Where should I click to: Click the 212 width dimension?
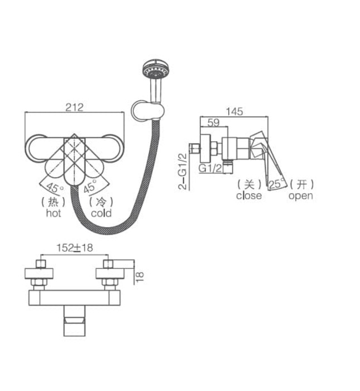pyautogui.click(x=74, y=107)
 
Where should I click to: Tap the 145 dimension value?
pyautogui.click(x=235, y=111)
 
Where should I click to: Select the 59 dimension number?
pyautogui.click(x=213, y=122)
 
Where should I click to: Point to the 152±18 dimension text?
pyautogui.click(x=74, y=248)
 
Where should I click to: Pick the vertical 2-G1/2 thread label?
pyautogui.click(x=183, y=171)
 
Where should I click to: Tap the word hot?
pyautogui.click(x=54, y=213)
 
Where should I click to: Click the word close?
pyautogui.click(x=248, y=195)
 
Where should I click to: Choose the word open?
pyautogui.click(x=300, y=195)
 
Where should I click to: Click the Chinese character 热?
pyautogui.click(x=54, y=202)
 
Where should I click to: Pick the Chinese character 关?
pyautogui.click(x=248, y=184)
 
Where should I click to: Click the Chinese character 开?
pyautogui.click(x=301, y=184)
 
